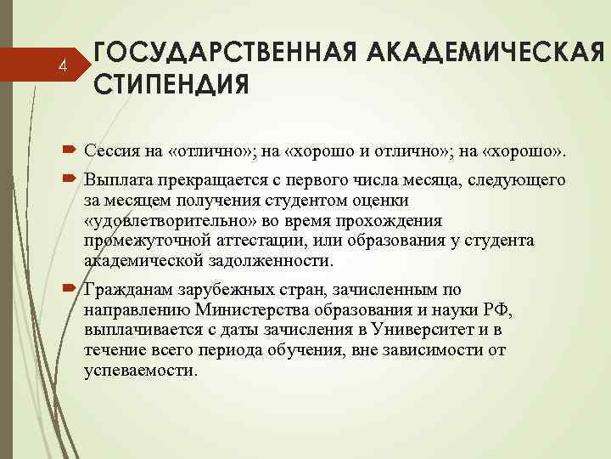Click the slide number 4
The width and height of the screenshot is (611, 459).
(x=61, y=65)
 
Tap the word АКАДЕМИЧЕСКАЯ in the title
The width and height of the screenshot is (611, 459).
(x=487, y=53)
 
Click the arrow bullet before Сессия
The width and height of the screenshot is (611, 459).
(x=70, y=150)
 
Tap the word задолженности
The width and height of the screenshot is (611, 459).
(x=275, y=259)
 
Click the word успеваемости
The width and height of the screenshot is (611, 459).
(x=141, y=371)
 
